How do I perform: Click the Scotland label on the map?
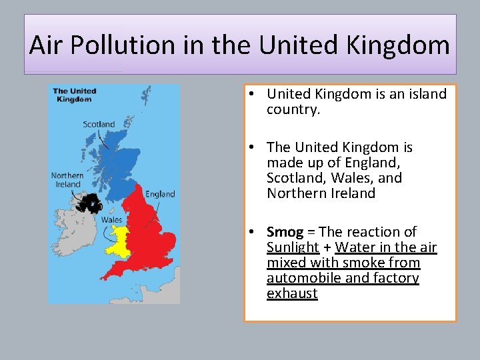coord(99,124)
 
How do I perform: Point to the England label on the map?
coord(160,194)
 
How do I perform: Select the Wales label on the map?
coord(111,219)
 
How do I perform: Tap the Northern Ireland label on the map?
coord(67,180)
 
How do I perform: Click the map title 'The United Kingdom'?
coord(75,95)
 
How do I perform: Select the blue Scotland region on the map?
coord(117,160)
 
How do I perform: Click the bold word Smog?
coord(285,232)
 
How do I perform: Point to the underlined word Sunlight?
coord(292,247)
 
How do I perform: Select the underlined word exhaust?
coord(292,293)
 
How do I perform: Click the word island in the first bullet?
coord(425,94)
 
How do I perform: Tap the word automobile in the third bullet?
coord(304,278)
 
